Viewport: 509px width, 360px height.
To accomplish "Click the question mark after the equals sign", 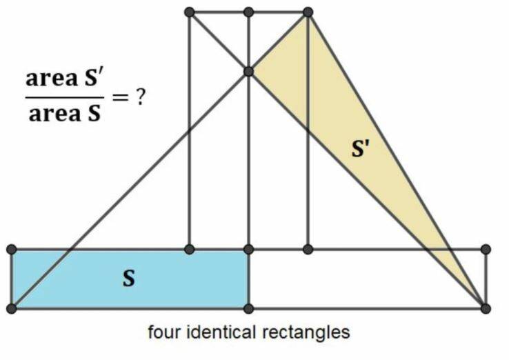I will click(141, 97).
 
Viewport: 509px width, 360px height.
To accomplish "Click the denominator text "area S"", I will click(64, 113).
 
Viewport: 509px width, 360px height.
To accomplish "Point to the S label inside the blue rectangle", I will click(128, 279).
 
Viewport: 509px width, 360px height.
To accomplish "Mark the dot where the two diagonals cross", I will click(249, 71).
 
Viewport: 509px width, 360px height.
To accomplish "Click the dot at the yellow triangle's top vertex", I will click(308, 12).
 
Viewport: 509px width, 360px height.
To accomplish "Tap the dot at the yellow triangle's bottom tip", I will click(486, 308).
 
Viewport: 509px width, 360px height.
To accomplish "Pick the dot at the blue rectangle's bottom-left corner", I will click(12, 308).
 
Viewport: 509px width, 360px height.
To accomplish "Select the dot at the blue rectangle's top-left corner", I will click(12, 249).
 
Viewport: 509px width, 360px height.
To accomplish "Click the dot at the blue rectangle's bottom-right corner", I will click(249, 308).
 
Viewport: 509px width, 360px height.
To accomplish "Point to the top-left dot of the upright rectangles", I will click(190, 12).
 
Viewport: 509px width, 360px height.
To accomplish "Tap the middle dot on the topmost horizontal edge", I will click(249, 12).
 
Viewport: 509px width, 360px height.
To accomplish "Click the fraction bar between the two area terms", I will click(64, 97).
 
